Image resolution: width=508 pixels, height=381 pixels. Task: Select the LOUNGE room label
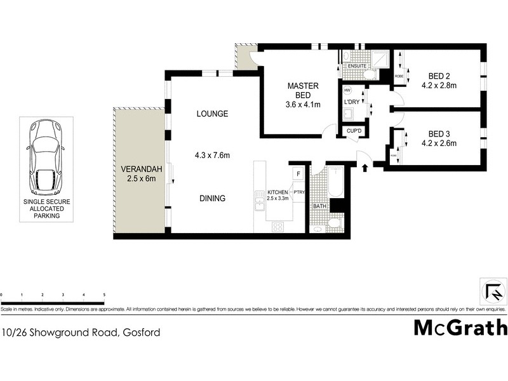tap(211, 114)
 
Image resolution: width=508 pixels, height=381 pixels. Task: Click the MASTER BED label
tap(302, 91)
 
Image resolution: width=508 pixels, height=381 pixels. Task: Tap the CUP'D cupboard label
tap(353, 131)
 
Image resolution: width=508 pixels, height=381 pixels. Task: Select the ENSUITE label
tap(356, 65)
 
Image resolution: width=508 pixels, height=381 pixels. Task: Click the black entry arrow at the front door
tap(365, 168)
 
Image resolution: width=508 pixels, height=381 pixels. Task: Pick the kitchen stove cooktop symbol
tap(278, 226)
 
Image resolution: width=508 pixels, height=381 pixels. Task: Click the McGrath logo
tap(460, 327)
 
